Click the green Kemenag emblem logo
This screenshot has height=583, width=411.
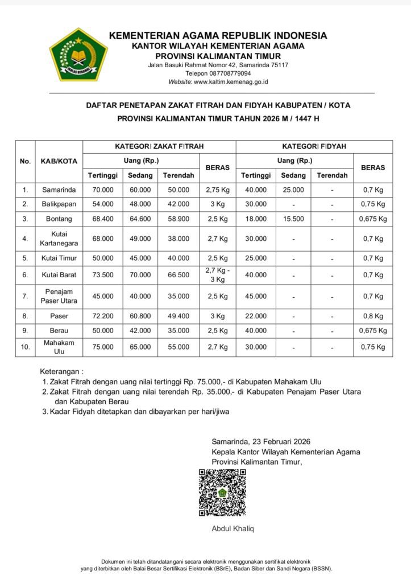coord(78,55)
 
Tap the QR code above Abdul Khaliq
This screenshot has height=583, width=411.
coord(222,492)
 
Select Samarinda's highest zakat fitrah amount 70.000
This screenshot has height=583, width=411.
coord(103,190)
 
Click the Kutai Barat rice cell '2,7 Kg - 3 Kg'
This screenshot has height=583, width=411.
coord(217,275)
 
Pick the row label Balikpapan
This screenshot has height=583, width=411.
coord(59,204)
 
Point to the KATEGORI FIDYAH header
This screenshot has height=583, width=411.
coord(314,146)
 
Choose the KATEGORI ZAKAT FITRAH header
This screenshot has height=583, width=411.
coord(159,146)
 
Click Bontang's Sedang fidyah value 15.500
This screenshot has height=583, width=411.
coord(293,219)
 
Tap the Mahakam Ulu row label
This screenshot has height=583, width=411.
coord(59,347)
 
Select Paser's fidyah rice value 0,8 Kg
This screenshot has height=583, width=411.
coord(373,316)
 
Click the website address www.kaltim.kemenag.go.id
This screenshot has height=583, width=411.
coord(231,82)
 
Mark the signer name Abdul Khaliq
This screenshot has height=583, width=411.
coord(233,529)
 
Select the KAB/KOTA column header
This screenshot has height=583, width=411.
coord(59,161)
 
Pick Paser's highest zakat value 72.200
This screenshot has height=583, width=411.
coord(103,316)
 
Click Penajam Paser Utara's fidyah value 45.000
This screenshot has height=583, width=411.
coord(255,296)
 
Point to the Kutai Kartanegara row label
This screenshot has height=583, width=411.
coord(59,239)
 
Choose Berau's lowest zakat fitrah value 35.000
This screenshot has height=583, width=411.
coord(178,330)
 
